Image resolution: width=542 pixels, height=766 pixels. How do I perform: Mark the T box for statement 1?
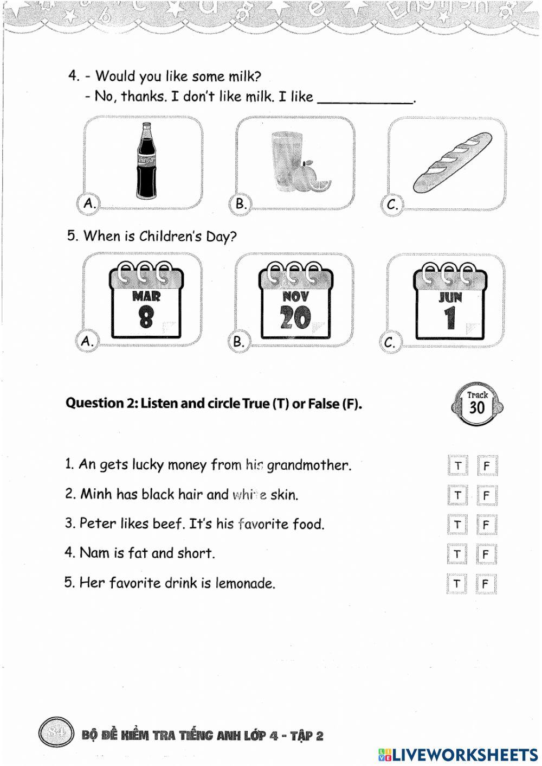458,466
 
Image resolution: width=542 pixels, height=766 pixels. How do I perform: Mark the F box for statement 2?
486,495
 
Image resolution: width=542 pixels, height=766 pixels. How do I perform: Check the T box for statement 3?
458,525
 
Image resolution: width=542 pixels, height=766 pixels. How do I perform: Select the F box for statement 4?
486,554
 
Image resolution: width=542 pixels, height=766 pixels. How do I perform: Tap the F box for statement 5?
486,584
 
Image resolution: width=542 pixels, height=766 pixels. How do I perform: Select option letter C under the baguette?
392,205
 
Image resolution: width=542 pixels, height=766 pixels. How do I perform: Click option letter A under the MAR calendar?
87,341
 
